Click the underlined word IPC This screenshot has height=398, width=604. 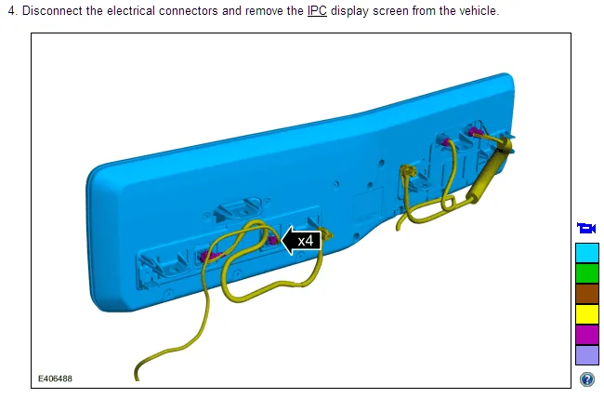point(317,10)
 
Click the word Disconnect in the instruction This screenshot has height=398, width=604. point(52,10)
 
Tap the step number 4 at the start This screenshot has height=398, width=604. point(12,10)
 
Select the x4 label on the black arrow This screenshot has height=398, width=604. point(306,241)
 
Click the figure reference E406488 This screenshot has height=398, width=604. point(55,378)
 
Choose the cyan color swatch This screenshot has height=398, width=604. point(587,253)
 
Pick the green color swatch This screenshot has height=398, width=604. point(587,273)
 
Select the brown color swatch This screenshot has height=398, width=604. point(587,294)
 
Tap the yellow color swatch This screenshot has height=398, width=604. point(587,314)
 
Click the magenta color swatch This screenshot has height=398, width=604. point(587,335)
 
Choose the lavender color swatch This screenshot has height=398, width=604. point(587,355)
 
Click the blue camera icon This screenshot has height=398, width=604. point(586,228)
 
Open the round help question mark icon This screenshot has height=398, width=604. point(587,379)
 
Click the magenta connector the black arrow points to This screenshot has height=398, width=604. point(273,241)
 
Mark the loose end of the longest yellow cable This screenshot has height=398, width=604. point(137,378)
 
